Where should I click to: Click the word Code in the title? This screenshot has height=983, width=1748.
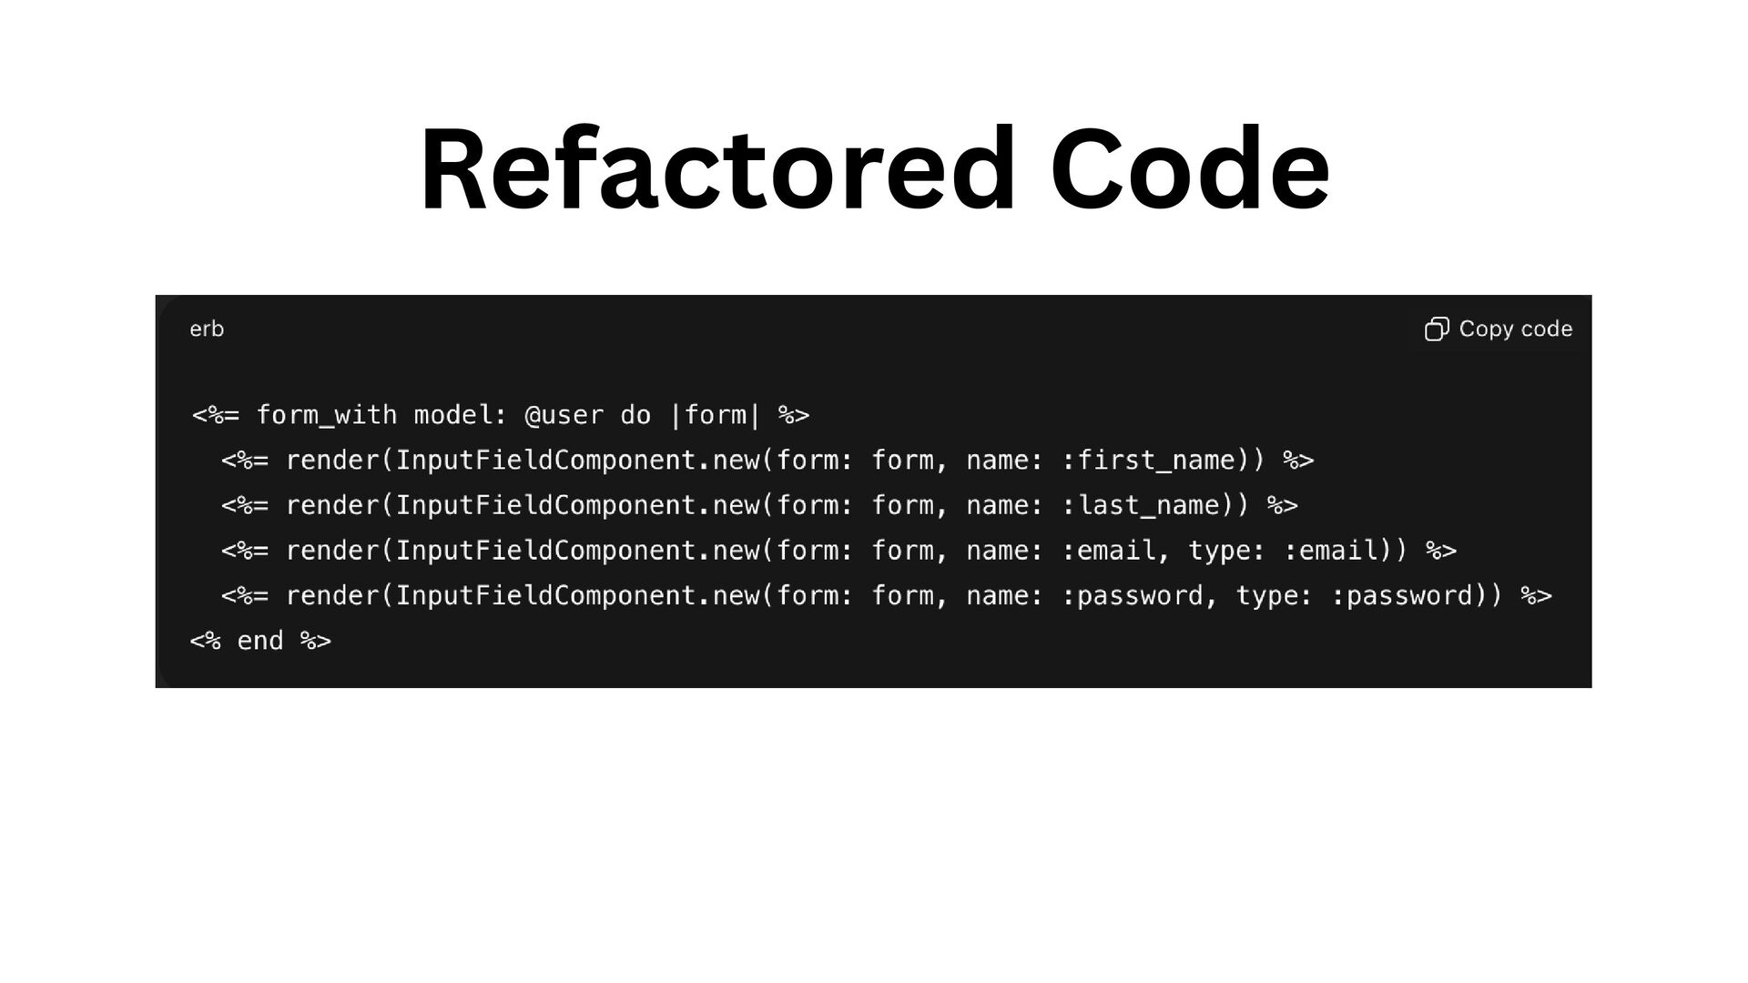point(1189,170)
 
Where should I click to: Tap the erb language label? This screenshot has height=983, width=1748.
point(207,329)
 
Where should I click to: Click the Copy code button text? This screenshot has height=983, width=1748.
point(1515,329)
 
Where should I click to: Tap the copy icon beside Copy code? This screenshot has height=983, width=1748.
point(1437,329)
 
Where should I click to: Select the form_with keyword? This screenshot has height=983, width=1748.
point(326,415)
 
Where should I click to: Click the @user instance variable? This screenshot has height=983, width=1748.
point(564,415)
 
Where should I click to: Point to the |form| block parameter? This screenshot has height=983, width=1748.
point(715,415)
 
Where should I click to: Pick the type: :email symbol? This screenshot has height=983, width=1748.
point(1337,551)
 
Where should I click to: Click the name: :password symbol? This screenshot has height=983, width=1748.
point(1133,595)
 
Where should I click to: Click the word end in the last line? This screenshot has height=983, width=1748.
point(260,641)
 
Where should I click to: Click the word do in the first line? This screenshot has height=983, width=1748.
point(635,415)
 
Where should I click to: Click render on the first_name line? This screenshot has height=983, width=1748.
point(333,461)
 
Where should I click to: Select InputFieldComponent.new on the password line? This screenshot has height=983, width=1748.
point(578,595)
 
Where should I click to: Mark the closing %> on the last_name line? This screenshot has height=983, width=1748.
point(1283,505)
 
